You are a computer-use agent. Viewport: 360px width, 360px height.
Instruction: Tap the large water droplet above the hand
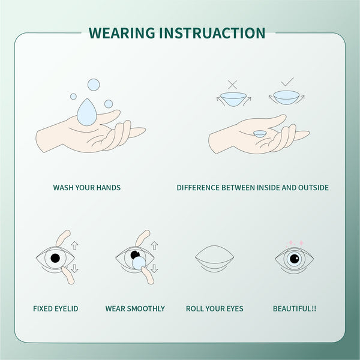[86, 112]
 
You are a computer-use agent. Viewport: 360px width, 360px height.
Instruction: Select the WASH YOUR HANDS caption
[87, 188]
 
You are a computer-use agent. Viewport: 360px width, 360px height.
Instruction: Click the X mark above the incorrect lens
[232, 85]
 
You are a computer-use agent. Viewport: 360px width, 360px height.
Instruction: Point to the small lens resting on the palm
[259, 134]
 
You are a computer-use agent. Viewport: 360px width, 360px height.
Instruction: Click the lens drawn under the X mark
[233, 98]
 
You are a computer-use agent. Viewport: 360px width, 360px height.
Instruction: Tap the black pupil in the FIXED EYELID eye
[55, 259]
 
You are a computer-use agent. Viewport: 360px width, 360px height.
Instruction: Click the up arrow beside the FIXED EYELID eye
[74, 245]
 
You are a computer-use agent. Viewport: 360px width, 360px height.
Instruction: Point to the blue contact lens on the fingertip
[138, 262]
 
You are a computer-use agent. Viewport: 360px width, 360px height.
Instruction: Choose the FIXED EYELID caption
[56, 309]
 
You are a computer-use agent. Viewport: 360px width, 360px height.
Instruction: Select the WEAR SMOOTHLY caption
[135, 309]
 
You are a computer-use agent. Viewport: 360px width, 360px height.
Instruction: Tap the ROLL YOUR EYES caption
[214, 309]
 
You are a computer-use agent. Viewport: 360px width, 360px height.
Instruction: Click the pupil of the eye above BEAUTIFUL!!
[294, 259]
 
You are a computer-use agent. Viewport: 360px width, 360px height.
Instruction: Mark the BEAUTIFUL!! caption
[295, 309]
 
